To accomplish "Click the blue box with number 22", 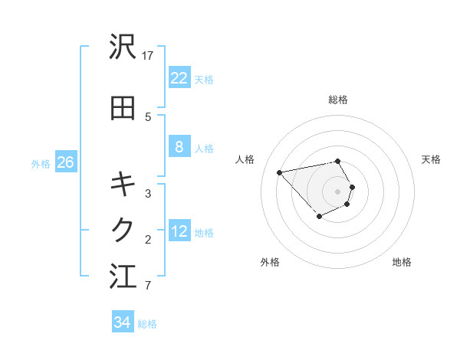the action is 179,78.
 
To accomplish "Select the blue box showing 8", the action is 179,147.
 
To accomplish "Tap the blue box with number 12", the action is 179,231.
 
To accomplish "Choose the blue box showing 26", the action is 65,162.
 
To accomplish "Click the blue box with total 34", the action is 122,322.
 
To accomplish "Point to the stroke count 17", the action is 148,55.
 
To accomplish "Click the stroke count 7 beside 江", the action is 147,286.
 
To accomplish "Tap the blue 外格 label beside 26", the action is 40,163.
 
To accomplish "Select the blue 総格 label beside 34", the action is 147,323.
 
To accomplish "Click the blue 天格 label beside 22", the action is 204,79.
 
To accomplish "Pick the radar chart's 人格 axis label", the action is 245,159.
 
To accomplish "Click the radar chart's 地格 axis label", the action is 402,262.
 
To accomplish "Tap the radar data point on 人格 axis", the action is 280,172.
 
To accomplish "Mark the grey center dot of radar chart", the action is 337,191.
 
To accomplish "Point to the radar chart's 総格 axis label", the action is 338,100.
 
